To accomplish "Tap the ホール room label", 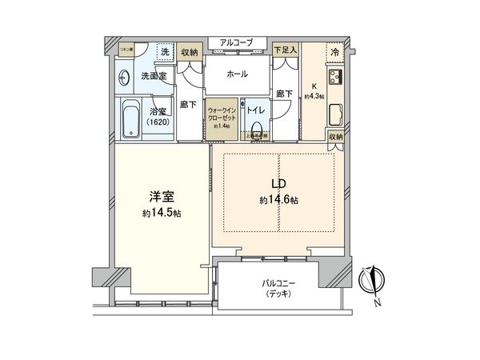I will pyautogui.click(x=237, y=74).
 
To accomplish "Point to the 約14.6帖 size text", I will pyautogui.click(x=280, y=200).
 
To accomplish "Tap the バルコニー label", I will pyautogui.click(x=280, y=283).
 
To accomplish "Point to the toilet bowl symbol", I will pyautogui.click(x=258, y=128).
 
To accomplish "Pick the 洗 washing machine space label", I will pyautogui.click(x=165, y=51).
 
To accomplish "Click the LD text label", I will pyautogui.click(x=278, y=185).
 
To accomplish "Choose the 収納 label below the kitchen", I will pyautogui.click(x=336, y=137).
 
